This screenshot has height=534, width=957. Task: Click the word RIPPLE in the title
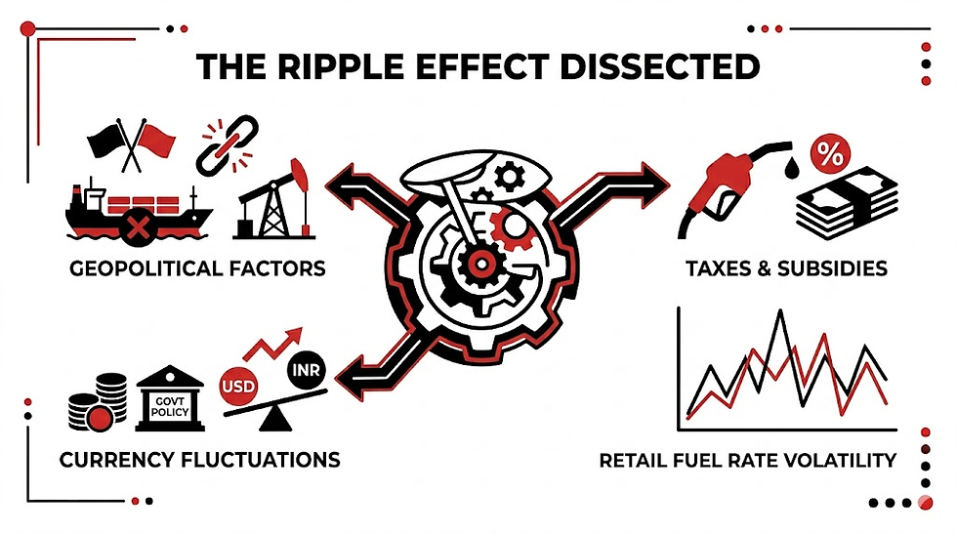click(342, 66)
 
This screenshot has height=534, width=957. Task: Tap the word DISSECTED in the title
click(660, 66)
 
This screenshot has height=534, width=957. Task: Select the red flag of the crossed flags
click(156, 140)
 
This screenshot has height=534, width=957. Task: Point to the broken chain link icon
click(227, 145)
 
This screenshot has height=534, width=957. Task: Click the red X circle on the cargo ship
click(138, 228)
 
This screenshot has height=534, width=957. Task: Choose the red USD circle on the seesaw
click(238, 386)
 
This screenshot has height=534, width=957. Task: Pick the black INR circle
click(307, 370)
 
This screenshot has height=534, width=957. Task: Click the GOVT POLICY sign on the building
click(170, 406)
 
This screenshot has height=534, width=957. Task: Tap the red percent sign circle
click(830, 155)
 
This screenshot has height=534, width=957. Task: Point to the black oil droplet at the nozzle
click(792, 167)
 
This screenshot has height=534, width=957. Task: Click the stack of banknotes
click(848, 203)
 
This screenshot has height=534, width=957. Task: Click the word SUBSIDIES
click(832, 268)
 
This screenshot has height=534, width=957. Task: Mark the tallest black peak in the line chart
click(780, 311)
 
